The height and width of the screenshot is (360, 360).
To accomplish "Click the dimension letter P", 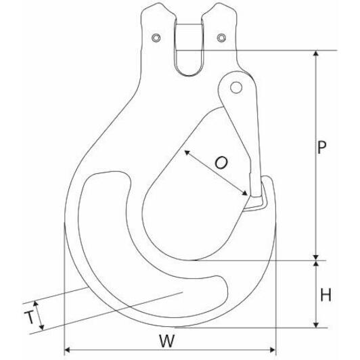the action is click(321, 148).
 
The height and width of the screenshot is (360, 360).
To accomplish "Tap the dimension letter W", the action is click(167, 341).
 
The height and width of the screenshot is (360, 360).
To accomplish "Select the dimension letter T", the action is click(29, 317).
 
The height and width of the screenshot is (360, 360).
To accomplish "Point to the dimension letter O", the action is click(221, 162).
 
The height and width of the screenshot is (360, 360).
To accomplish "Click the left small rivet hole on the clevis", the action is click(156, 38).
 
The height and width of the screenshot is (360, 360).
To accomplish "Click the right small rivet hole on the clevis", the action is click(221, 38).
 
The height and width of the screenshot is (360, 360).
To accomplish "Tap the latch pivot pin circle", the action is click(236, 87).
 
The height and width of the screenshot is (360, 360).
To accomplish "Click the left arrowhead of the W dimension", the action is click(67, 350).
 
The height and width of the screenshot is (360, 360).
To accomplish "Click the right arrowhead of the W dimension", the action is click(273, 350).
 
